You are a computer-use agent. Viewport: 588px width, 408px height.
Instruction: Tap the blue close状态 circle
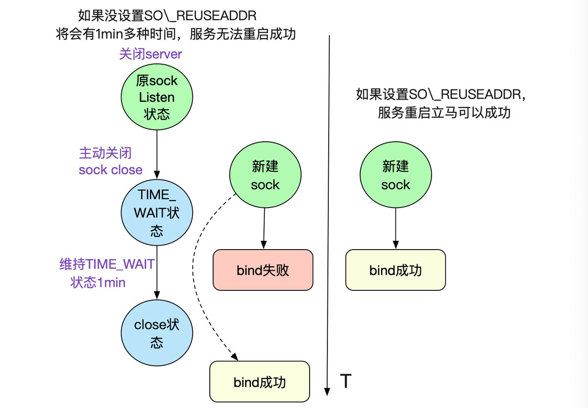tap(157, 333)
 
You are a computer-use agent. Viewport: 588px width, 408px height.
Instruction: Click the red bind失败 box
tap(263, 270)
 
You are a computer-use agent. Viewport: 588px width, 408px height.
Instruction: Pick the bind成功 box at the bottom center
tap(260, 382)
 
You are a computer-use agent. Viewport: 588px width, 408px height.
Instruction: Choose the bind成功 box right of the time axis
tap(395, 270)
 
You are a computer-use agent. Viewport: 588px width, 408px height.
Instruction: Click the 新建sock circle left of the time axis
tap(265, 176)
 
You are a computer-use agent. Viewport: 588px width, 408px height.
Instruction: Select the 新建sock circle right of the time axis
tap(395, 176)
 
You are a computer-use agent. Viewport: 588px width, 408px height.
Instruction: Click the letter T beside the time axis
tap(345, 381)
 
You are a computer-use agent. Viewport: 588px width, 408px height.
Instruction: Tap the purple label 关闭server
tap(150, 54)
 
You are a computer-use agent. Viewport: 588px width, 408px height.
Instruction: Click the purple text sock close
tap(111, 170)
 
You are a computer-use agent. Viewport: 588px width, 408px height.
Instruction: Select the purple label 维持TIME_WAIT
tap(107, 264)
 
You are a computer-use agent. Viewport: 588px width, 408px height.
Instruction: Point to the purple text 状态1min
tap(98, 283)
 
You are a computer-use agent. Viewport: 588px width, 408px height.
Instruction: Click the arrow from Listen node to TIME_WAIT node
tap(157, 154)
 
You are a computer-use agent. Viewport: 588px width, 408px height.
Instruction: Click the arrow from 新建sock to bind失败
tap(265, 228)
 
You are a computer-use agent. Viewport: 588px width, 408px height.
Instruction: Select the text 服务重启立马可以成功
tap(444, 113)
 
